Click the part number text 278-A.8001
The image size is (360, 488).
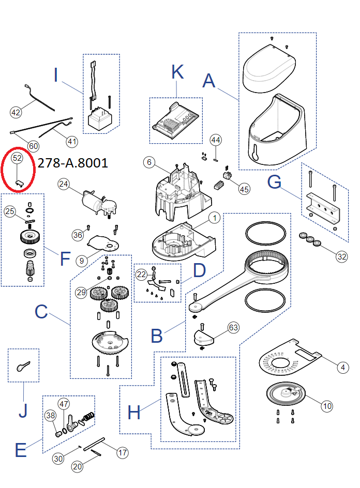[73, 163]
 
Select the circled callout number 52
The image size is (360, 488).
[17, 158]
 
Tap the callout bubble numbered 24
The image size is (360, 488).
[64, 184]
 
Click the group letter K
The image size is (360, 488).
[177, 72]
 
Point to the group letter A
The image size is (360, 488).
[208, 80]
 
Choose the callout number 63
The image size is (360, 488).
[234, 327]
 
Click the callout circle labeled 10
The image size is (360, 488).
[327, 406]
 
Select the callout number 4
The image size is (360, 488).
[342, 368]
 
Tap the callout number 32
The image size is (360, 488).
[341, 256]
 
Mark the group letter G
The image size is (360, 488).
[275, 182]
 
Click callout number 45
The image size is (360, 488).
[244, 189]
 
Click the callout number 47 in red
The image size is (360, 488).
[64, 404]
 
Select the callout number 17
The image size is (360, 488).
[122, 453]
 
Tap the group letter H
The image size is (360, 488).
[134, 412]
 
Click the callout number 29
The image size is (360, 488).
[81, 292]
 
